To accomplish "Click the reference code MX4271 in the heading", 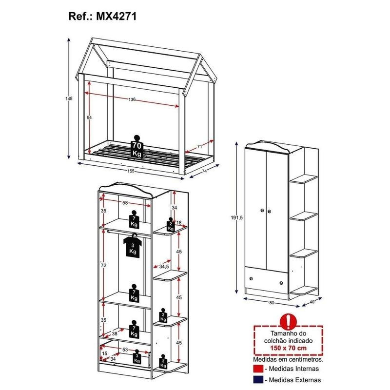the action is (116, 17).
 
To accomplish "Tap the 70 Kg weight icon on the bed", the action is (136, 147).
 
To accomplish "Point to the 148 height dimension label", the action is (69, 98).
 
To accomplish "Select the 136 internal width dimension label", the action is (132, 99).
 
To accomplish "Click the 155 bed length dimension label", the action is (131, 171).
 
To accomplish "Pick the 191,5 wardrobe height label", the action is (236, 217).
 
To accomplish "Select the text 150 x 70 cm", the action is (288, 348).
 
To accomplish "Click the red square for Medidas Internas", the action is (258, 369).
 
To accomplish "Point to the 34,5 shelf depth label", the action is (164, 266).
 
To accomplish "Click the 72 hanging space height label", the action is (103, 266).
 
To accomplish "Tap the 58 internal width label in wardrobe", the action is (125, 203).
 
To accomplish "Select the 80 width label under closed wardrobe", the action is (272, 303).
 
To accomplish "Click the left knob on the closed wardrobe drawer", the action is (251, 278).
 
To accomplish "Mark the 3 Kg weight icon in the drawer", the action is (137, 356).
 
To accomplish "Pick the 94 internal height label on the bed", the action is (89, 117).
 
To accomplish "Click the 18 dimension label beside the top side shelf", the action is (179, 223).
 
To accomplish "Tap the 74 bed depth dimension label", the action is (204, 171).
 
